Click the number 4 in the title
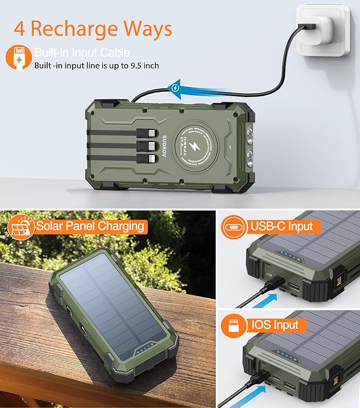click(x=20, y=28)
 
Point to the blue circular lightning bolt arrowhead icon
click(x=176, y=88)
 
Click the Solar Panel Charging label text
click(x=90, y=226)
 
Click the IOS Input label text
click(x=275, y=325)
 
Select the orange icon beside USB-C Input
click(x=234, y=227)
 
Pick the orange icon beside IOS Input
click(x=234, y=325)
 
